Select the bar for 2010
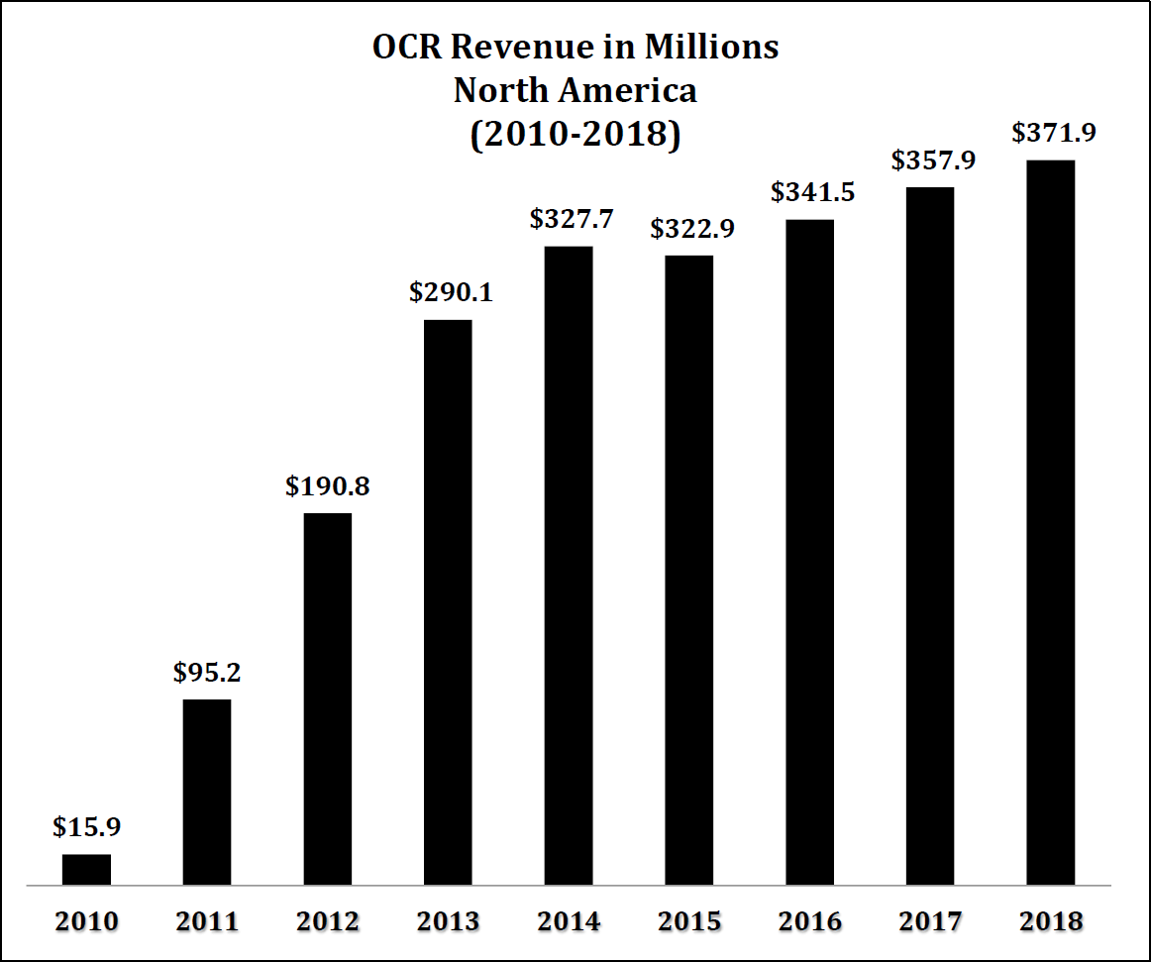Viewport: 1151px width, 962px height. click(x=86, y=869)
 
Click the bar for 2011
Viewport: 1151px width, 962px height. click(x=207, y=792)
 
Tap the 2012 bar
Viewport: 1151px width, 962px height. click(x=328, y=698)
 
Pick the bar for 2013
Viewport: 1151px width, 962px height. click(x=448, y=602)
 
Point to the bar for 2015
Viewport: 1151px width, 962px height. click(x=688, y=570)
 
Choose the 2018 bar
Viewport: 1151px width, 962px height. click(x=1051, y=522)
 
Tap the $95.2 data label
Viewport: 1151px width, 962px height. click(x=207, y=673)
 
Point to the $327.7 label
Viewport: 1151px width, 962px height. click(x=569, y=218)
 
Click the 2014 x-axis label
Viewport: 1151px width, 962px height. click(x=569, y=921)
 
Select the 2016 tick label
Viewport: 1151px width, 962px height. click(x=810, y=921)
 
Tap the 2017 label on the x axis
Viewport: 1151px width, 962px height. click(x=930, y=921)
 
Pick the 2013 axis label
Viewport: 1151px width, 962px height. click(x=448, y=921)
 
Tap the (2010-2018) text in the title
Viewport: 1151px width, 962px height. click(x=575, y=134)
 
